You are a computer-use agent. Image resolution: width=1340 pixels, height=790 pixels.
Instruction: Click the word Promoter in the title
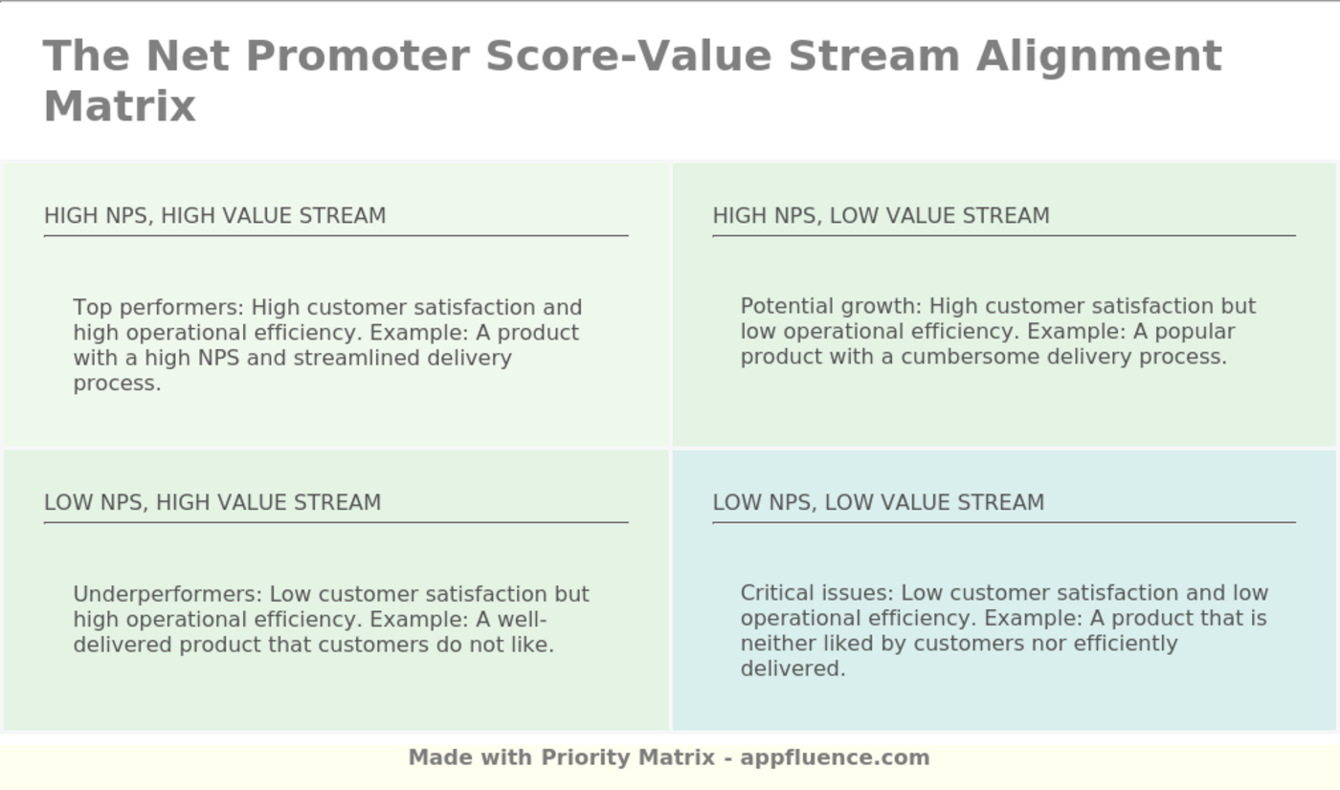click(357, 56)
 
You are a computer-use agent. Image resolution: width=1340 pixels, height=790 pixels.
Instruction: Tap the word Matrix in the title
click(120, 107)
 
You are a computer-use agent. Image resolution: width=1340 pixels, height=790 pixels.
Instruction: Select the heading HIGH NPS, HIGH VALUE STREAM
click(214, 216)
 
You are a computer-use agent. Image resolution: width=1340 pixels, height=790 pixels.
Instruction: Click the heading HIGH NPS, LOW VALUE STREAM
click(881, 216)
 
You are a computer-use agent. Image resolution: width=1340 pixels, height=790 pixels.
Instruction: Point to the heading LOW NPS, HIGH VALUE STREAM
click(212, 502)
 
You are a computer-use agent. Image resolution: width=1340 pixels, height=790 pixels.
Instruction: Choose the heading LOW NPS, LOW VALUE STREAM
click(879, 502)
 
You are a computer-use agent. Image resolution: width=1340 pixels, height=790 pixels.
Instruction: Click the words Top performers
click(158, 308)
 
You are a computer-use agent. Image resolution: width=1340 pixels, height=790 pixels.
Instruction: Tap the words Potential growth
click(831, 307)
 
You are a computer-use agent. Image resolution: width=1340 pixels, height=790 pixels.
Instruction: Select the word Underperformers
click(167, 595)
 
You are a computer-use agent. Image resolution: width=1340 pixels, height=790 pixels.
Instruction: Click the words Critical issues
click(816, 593)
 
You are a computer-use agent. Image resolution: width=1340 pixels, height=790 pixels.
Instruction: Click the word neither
click(777, 644)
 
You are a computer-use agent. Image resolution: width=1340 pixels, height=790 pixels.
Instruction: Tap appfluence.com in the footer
click(835, 758)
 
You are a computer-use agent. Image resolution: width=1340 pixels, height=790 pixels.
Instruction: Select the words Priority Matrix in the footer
click(628, 757)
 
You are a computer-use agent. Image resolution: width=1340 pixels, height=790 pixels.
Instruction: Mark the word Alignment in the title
click(1100, 57)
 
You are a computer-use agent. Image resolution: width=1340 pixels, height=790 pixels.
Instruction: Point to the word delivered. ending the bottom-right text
click(793, 669)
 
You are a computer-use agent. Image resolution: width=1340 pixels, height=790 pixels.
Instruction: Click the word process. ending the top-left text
click(117, 384)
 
